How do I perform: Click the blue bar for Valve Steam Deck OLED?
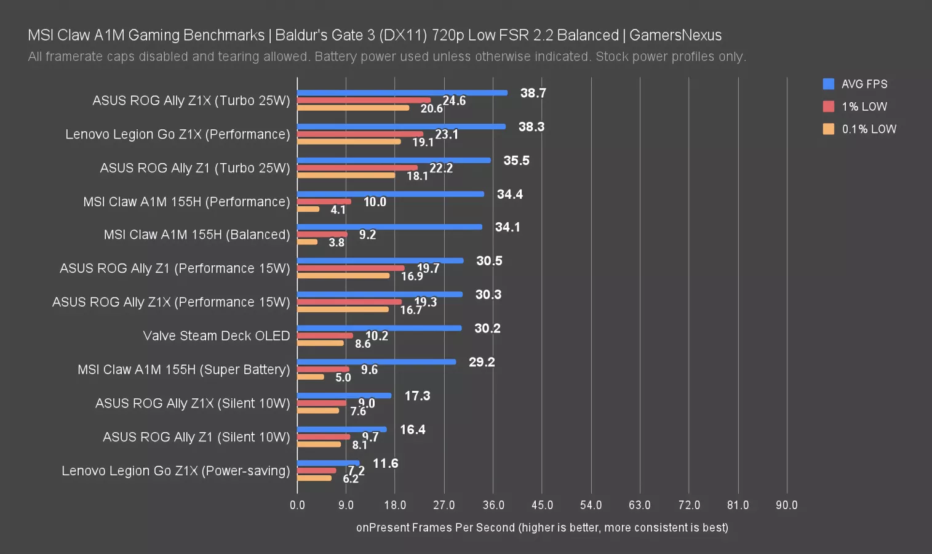click(379, 328)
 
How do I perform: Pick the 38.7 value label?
click(533, 93)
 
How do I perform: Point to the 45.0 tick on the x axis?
click(542, 505)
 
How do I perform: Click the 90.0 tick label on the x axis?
click(786, 505)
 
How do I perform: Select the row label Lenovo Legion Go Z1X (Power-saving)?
click(175, 471)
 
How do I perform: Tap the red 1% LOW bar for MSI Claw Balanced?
click(322, 235)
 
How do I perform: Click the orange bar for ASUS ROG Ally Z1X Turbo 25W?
click(353, 108)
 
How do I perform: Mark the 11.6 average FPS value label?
click(385, 464)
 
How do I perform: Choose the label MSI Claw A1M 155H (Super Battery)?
click(183, 369)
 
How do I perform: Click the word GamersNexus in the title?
click(675, 35)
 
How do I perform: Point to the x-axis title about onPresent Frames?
click(542, 528)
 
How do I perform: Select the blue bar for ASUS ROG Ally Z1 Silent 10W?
click(341, 430)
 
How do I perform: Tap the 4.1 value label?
click(338, 210)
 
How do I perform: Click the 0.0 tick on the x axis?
click(297, 505)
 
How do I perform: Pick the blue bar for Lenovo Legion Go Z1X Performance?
click(401, 127)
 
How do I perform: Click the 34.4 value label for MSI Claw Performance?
click(509, 195)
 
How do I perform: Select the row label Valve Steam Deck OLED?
click(216, 336)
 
